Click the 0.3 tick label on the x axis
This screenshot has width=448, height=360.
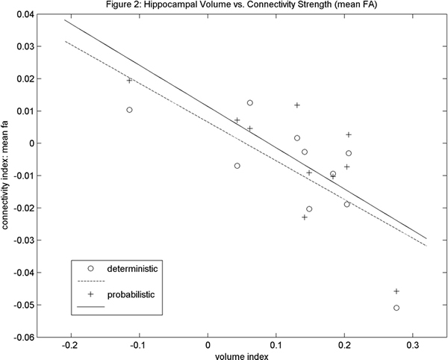click(x=411, y=347)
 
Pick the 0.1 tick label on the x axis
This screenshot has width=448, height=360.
click(x=276, y=347)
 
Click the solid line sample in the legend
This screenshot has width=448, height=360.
click(x=89, y=306)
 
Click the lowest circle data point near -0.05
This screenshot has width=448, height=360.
click(x=396, y=308)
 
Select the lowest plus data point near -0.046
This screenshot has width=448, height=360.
click(x=396, y=291)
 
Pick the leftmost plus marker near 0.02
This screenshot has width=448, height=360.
click(x=129, y=80)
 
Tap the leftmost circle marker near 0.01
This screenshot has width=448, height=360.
click(x=129, y=110)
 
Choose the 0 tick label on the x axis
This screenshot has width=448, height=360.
click(x=208, y=347)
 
